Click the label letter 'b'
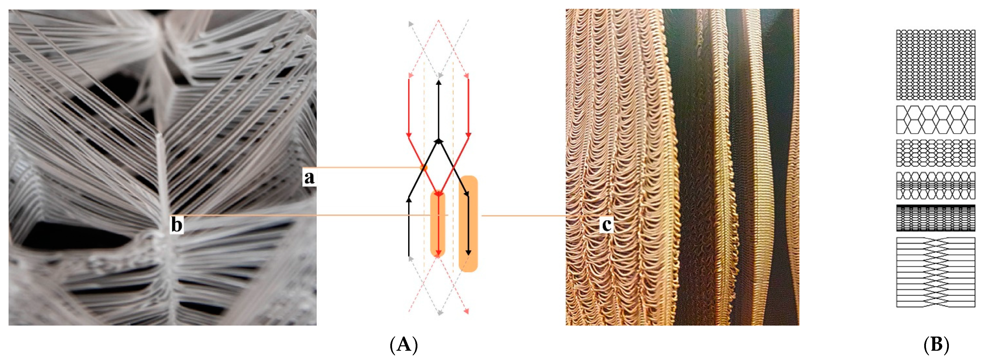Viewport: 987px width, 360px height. point(176,225)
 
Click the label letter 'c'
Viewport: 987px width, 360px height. point(606,225)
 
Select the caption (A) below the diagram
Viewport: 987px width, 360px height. point(403,345)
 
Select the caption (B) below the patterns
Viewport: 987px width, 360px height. point(936,345)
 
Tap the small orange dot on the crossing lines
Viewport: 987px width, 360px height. point(423,167)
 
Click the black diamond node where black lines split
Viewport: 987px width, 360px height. point(439,141)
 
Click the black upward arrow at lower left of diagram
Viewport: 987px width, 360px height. point(409,226)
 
